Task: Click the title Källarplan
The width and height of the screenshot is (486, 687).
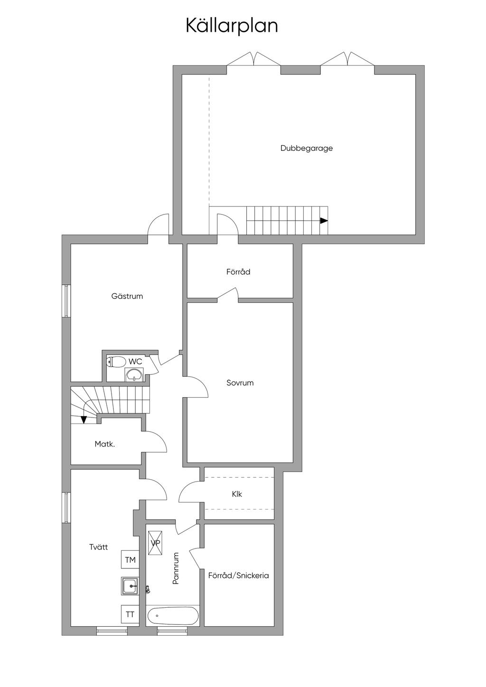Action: point(232,26)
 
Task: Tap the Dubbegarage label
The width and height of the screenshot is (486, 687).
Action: point(307,148)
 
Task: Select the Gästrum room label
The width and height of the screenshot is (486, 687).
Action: point(127,296)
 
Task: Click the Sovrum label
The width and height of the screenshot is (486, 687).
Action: point(240,382)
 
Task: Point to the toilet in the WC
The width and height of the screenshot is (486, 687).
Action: point(115,362)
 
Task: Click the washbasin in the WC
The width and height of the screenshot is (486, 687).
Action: point(134,374)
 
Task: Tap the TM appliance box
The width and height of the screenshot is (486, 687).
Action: point(130,560)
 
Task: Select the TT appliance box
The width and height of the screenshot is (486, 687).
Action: point(130,614)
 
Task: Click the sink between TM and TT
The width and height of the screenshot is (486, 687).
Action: point(130,586)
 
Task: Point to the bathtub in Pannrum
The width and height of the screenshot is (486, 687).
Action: point(173,615)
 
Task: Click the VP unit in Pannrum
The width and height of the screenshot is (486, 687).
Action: point(155,543)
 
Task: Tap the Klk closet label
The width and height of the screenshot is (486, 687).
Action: point(237,494)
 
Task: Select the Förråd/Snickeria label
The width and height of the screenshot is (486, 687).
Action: point(238,576)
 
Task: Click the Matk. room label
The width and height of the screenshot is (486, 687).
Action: point(104,444)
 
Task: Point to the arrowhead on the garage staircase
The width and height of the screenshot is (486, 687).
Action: point(324,221)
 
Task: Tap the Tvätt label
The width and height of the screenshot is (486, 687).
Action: point(99,547)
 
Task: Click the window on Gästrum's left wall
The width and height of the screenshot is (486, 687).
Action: point(66,301)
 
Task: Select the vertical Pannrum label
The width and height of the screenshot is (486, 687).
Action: point(176,568)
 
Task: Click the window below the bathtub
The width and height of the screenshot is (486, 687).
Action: point(172,631)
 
